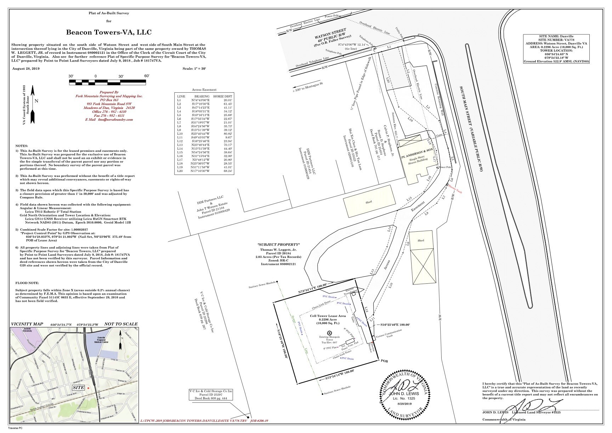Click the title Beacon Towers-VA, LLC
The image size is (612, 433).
(109, 33)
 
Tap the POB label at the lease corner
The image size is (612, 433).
(384, 361)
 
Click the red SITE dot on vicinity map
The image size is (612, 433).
(88, 388)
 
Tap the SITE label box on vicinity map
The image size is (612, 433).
(78, 388)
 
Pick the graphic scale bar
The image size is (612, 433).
(108, 82)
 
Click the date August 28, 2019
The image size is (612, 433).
(26, 68)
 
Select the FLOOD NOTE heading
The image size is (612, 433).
(28, 283)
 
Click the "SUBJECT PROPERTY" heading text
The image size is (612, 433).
(279, 245)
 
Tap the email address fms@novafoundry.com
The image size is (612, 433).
(109, 120)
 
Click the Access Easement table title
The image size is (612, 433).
(204, 90)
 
